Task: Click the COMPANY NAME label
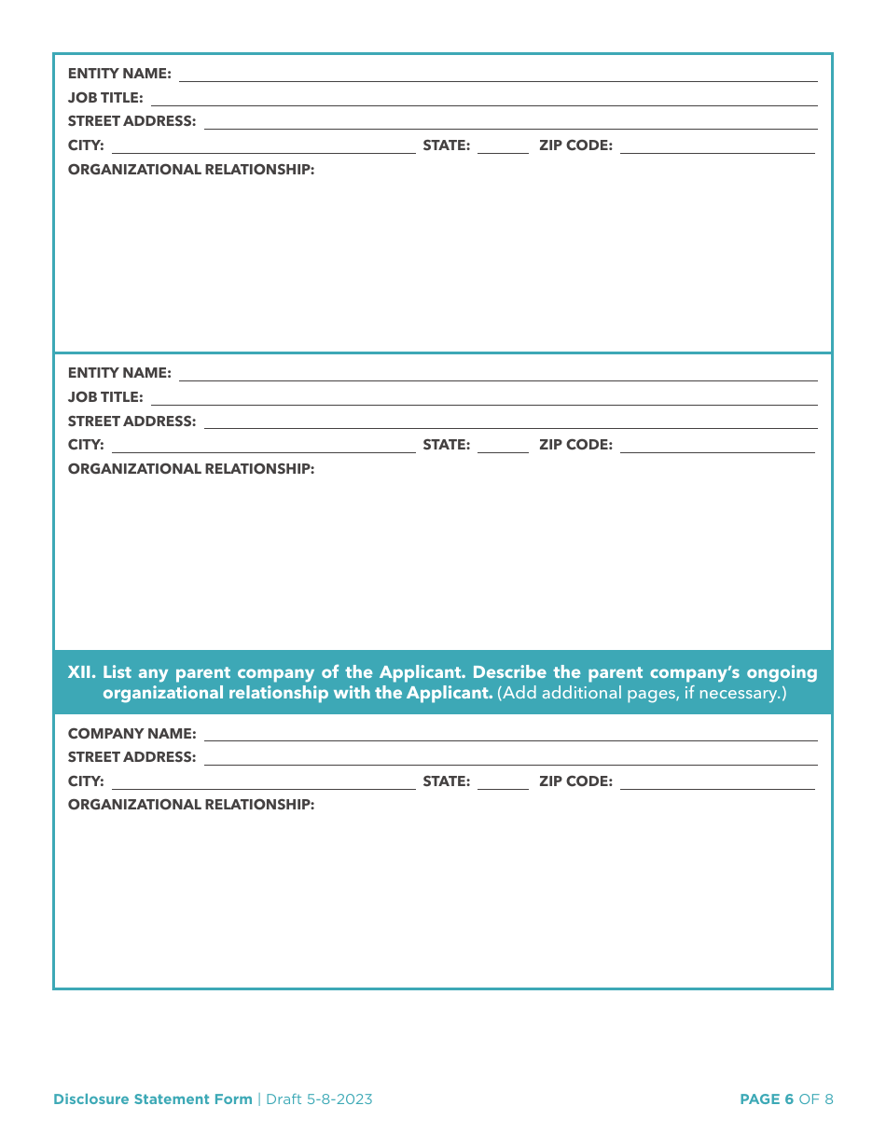coord(132,734)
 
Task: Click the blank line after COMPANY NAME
coord(510,735)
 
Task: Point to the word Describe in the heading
coord(511,672)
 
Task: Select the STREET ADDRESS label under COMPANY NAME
coord(132,757)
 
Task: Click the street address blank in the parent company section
coord(510,758)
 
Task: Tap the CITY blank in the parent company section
coord(263,783)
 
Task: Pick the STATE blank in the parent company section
coord(502,783)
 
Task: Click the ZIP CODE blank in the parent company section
coord(716,783)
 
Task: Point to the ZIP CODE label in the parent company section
coord(575,781)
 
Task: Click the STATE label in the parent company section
coord(446,781)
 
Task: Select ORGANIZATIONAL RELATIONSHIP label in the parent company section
coord(191,805)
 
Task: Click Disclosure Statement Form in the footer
coord(152,1099)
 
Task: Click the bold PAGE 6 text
coord(766,1099)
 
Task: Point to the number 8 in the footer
coord(829,1099)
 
